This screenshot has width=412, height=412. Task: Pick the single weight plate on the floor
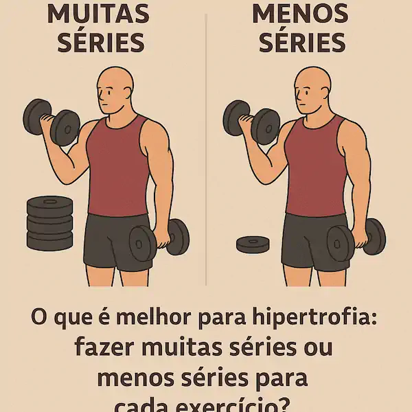coord(253,243)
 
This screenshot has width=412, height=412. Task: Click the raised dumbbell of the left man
coord(51,121)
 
